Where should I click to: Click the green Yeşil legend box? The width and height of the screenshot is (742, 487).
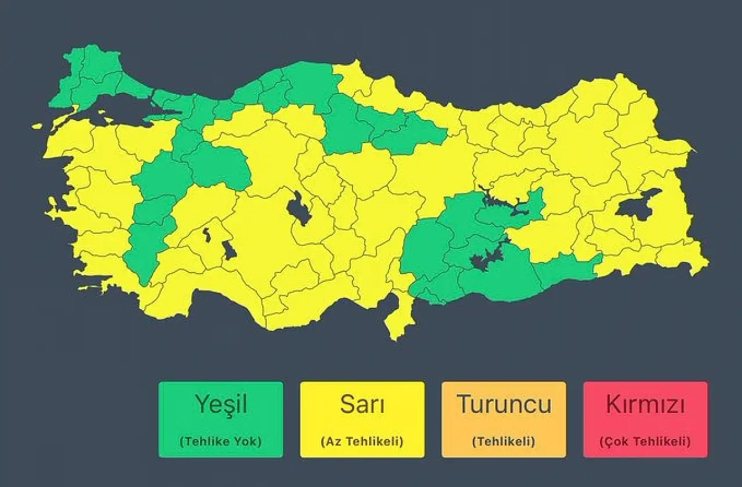click(221, 419)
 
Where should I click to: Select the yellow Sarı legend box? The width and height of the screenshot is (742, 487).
click(362, 419)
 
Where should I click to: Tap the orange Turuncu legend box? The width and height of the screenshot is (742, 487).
click(504, 419)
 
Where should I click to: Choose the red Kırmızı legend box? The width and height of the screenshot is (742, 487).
click(645, 419)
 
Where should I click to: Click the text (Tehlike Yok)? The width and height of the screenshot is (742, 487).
click(221, 441)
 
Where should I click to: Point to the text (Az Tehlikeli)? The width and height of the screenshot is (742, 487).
click(362, 441)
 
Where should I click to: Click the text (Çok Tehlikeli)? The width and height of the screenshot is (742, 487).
click(645, 441)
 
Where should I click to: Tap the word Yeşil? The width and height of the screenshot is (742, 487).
click(221, 404)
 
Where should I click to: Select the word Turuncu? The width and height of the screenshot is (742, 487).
click(504, 404)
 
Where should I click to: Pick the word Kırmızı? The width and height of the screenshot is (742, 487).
click(645, 404)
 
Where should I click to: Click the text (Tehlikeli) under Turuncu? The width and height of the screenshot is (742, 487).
click(504, 441)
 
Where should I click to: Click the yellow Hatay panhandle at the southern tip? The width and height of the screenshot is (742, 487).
click(398, 319)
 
